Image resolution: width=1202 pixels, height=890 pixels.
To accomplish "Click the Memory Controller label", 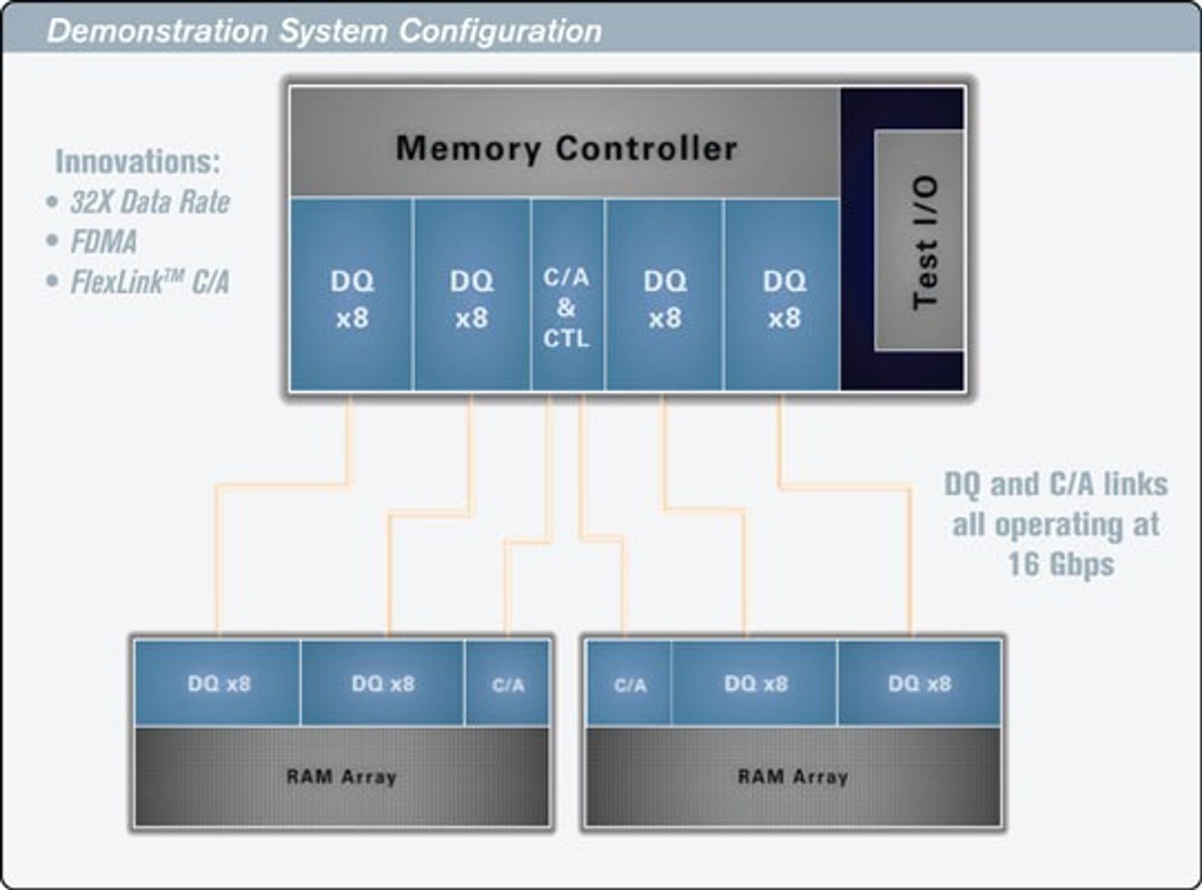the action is tap(566, 149).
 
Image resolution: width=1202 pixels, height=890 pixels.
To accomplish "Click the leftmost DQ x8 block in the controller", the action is tap(352, 295).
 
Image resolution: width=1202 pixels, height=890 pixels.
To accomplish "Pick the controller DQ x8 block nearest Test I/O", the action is tap(783, 295).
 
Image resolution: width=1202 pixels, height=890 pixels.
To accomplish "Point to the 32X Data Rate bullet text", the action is tap(150, 201).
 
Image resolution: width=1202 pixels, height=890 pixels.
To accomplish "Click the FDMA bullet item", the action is tap(103, 242).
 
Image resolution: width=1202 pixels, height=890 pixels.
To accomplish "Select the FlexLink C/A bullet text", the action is tap(150, 282).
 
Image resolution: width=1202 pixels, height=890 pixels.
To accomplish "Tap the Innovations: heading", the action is tap(138, 161).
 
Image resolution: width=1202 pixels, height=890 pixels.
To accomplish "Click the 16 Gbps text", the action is tap(1061, 565).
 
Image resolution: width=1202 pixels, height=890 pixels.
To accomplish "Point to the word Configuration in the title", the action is tap(500, 31).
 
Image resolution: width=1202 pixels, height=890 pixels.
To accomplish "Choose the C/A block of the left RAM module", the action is tap(508, 683).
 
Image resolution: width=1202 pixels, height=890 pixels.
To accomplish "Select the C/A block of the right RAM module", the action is tap(629, 683).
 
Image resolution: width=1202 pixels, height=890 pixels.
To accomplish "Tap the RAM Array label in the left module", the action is tap(341, 776).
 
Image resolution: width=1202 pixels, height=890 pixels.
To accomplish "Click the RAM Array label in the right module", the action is tap(793, 776).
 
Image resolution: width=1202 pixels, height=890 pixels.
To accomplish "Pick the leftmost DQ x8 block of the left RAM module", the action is tap(218, 683).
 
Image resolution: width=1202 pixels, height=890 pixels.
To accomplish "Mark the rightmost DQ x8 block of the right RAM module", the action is tap(920, 683).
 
